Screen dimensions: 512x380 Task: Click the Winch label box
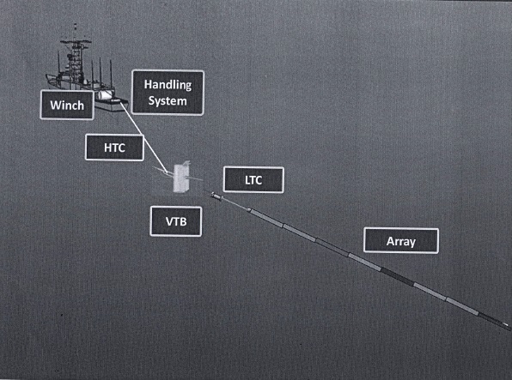pos(67,105)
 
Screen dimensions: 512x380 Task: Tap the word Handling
pos(168,85)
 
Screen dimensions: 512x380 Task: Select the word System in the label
pos(168,100)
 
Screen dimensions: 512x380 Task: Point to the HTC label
pos(114,148)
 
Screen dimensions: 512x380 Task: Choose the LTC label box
pos(253,180)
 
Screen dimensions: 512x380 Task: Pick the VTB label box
pos(175,221)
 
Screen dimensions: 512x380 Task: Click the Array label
pos(401,241)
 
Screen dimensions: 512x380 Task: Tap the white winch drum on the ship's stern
pos(105,95)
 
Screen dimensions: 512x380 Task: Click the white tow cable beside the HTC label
pos(143,137)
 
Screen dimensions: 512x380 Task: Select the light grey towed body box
pos(181,178)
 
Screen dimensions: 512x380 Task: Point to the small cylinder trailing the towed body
pos(216,196)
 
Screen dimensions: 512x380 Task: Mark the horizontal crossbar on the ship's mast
pos(76,42)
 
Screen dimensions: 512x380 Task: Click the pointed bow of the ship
pos(47,77)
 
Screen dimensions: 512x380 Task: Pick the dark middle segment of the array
pos(397,276)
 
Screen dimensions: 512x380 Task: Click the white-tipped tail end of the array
pos(505,324)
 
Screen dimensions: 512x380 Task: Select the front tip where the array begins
pos(249,209)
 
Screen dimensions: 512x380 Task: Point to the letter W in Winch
pos(56,105)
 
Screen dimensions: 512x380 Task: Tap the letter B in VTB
pos(183,221)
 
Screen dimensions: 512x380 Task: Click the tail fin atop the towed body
pos(186,163)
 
